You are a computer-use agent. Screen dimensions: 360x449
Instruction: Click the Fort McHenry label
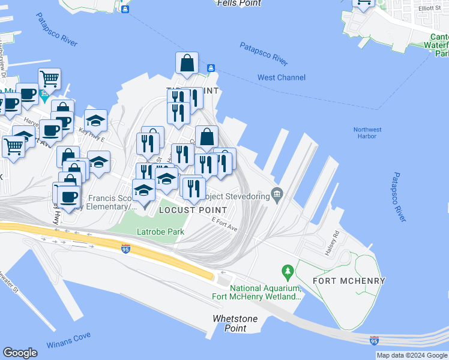(x=349, y=281)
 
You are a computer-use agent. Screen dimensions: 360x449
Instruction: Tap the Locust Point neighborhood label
(x=193, y=211)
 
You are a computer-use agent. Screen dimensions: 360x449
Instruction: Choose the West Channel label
(x=282, y=77)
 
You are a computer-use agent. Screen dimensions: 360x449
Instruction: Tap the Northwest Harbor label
(x=367, y=133)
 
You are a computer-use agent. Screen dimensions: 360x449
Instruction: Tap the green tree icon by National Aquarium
(x=288, y=272)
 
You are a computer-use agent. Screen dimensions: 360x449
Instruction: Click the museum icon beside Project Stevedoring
(x=277, y=193)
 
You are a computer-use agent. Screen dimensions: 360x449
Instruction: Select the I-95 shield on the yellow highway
(x=125, y=250)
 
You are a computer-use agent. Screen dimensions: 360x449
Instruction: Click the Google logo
(x=20, y=353)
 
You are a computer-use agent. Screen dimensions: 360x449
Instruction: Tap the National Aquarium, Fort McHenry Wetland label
(x=256, y=292)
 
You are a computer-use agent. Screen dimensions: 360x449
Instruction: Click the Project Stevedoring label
(x=237, y=196)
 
